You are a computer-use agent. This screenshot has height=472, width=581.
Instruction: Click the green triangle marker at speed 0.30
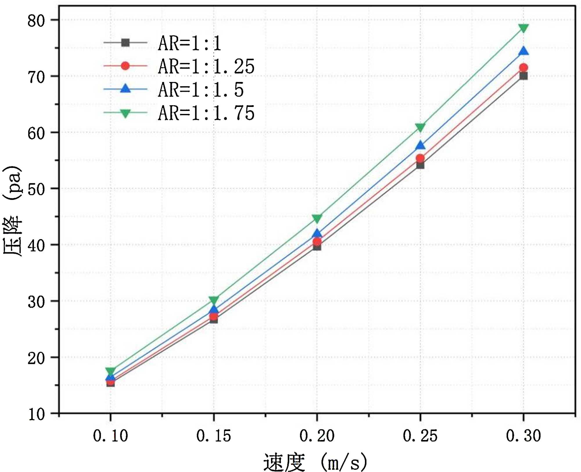523,28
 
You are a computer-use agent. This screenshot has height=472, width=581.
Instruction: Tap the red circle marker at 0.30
523,68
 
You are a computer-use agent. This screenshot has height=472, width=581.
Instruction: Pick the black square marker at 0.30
523,76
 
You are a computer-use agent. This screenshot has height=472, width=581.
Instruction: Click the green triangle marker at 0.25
420,127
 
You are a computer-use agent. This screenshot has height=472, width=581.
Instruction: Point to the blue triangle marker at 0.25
420,145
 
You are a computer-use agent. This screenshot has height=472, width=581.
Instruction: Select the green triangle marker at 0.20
317,218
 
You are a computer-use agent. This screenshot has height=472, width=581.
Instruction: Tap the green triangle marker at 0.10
110,371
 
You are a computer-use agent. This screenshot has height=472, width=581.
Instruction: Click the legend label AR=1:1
189,44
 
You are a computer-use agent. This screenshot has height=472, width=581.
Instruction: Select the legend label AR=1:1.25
206,67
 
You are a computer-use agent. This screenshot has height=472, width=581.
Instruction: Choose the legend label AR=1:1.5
201,90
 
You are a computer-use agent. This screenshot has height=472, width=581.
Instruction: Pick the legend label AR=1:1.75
206,113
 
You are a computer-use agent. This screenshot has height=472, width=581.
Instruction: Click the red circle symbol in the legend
125,66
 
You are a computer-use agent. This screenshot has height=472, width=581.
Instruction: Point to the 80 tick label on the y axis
36,21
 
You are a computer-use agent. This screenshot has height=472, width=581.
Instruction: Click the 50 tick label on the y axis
36,189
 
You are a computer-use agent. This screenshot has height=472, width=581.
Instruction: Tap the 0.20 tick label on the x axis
317,436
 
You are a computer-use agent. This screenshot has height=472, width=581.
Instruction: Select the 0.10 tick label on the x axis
110,436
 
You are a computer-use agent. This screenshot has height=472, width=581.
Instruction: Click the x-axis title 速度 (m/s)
315,462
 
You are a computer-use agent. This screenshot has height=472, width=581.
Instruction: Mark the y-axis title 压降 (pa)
12,211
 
